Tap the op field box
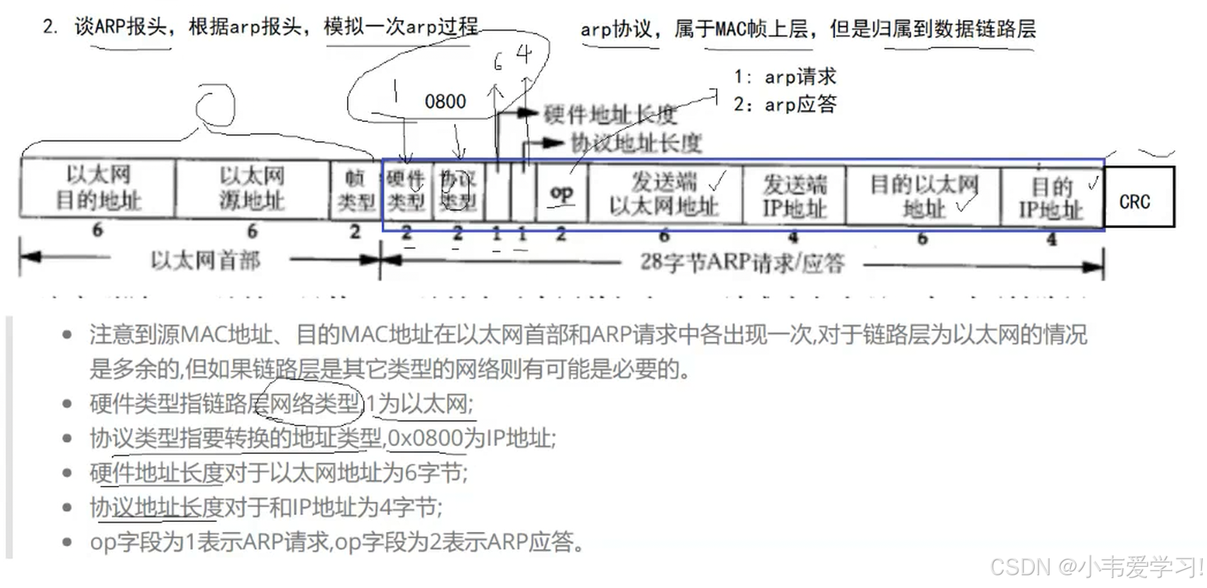561,193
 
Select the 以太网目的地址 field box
98,188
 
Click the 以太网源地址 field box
252,188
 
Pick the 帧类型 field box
356,190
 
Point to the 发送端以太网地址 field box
665,193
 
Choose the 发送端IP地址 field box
794,195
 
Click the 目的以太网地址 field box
923,195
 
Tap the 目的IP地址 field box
1051,197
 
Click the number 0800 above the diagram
445,102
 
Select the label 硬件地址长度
610,113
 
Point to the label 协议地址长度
636,143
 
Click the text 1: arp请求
785,77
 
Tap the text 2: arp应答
785,105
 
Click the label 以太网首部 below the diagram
205,260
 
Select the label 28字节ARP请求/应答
742,262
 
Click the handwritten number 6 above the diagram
498,62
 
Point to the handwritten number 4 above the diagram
524,54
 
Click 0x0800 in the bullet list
425,438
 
